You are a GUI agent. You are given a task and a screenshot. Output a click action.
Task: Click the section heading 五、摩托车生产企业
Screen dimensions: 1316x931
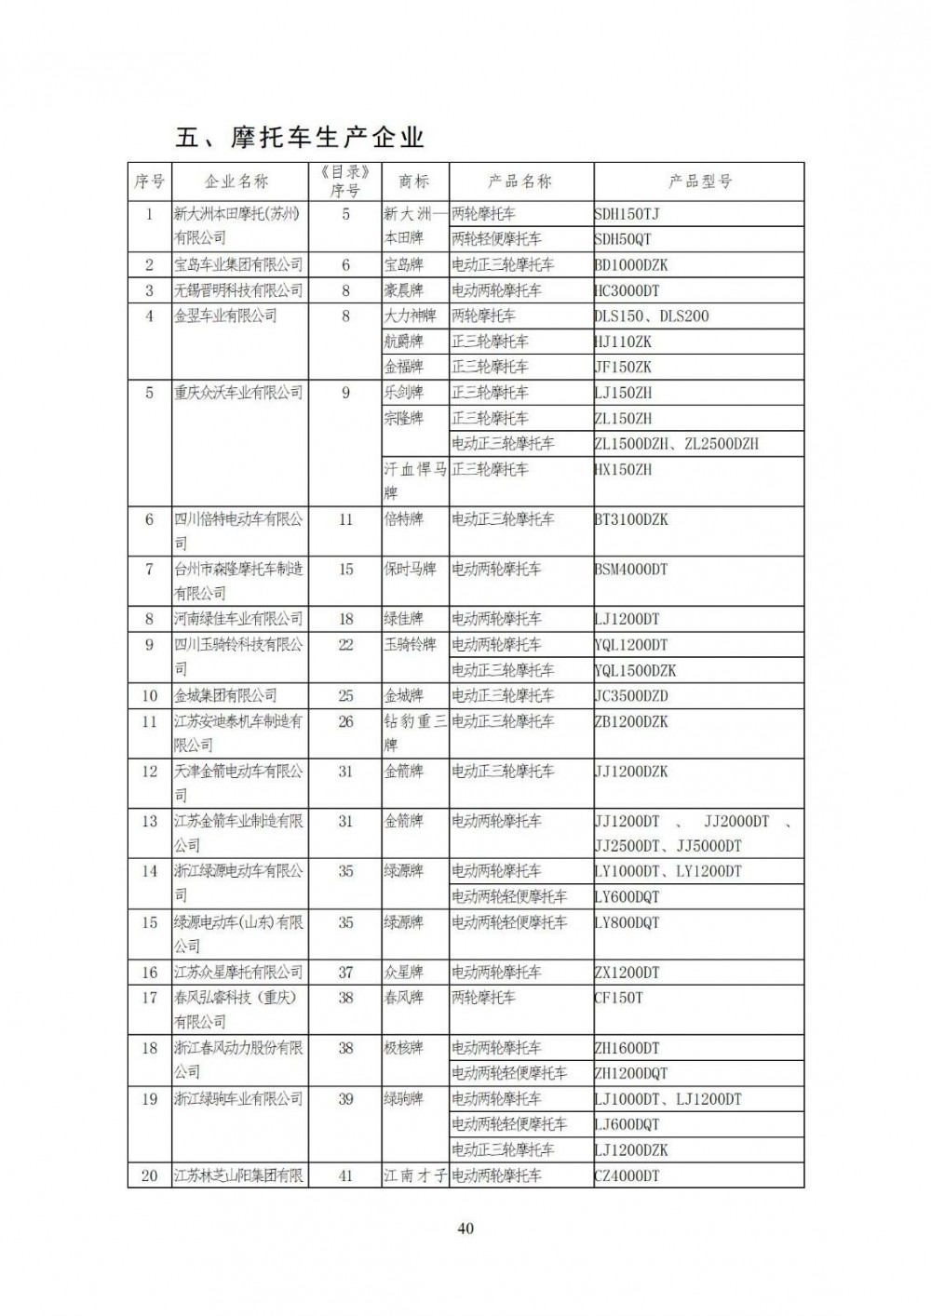tap(300, 138)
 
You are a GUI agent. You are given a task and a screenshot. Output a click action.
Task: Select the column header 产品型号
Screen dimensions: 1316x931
tap(699, 181)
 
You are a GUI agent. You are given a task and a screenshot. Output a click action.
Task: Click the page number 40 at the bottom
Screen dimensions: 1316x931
tap(465, 1229)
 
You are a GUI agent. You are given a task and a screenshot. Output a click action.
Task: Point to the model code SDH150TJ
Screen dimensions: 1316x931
tap(627, 214)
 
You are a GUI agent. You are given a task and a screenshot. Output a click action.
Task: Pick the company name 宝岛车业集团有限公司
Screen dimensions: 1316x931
tap(238, 265)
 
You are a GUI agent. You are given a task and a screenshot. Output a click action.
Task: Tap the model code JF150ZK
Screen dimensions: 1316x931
tap(623, 367)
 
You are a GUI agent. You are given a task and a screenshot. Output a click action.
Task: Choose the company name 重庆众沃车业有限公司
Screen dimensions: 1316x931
tap(238, 393)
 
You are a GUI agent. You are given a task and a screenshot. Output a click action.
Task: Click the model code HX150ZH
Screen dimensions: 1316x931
tap(623, 469)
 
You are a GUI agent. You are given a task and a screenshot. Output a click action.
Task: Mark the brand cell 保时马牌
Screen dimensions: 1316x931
tap(410, 569)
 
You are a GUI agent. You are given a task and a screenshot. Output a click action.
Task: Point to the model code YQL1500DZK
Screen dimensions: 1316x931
tap(635, 670)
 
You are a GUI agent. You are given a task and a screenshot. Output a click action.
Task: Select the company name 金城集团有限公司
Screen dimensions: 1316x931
tap(225, 695)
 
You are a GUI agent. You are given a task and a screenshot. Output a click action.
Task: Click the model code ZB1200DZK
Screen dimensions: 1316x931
tap(630, 721)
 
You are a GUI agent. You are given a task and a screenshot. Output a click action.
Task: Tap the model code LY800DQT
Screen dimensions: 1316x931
tap(627, 922)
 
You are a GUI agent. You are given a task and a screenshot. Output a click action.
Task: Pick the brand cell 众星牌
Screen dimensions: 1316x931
tap(403, 973)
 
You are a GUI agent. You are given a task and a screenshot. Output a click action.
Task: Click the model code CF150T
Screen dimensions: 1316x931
tap(618, 998)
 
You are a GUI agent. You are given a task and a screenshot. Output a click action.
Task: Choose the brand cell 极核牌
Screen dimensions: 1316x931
tap(403, 1048)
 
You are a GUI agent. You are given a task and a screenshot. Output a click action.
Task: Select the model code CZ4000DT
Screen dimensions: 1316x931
tap(627, 1175)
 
